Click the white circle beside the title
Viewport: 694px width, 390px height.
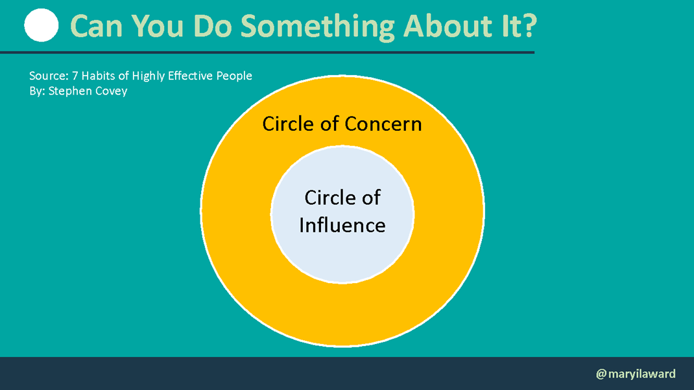point(41,25)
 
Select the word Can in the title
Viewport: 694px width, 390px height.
point(96,26)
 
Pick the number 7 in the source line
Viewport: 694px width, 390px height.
point(75,76)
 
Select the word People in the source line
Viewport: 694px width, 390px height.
point(234,76)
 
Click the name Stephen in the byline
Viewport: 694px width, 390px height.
point(67,91)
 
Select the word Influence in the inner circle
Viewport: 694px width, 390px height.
point(342,225)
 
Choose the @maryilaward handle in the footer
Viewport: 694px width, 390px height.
point(636,374)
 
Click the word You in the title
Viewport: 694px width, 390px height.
point(157,26)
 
